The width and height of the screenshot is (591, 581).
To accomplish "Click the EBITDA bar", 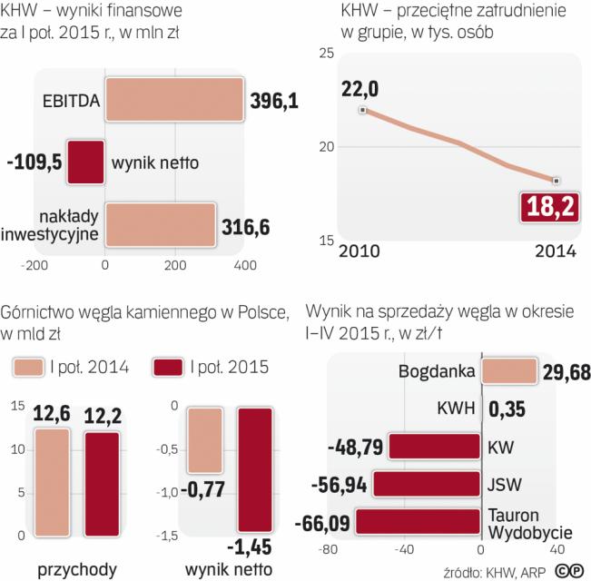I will pyautogui.click(x=173, y=100).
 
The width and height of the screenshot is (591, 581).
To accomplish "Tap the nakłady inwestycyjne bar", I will pyautogui.click(x=160, y=223).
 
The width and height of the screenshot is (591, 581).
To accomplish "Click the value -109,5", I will pyautogui.click(x=36, y=162).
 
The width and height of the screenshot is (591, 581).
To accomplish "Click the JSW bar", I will pyautogui.click(x=426, y=483).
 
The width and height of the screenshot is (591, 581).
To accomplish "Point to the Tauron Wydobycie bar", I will pyautogui.click(x=418, y=520).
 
